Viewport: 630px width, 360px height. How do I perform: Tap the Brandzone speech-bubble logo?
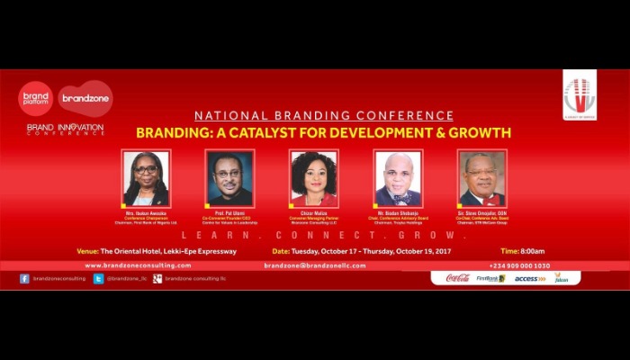coord(85,97)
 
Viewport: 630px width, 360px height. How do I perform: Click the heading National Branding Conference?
coord(325,116)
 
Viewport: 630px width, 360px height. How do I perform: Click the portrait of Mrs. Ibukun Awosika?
coord(146,178)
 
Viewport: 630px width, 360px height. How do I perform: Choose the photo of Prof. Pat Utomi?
coord(229,178)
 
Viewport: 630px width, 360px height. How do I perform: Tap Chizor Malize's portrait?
coord(314,178)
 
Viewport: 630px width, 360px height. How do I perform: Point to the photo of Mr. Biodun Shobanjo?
coord(398,178)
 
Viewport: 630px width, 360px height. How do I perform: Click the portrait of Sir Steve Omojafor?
coord(482,178)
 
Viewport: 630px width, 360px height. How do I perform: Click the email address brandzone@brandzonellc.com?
coord(315,265)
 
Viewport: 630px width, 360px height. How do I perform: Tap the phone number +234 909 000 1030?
coord(519,265)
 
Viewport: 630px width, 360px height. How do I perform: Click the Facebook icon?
coord(24,279)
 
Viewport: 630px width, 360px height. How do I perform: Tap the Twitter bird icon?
coord(99,279)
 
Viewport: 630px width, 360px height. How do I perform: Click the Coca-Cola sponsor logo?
coord(458,278)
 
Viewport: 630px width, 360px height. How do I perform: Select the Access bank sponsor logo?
coord(530,278)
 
